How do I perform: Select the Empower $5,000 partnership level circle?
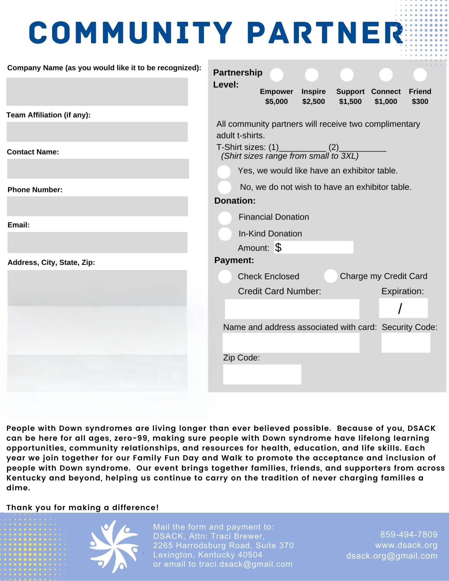coord(276,75)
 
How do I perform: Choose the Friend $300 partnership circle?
coord(420,75)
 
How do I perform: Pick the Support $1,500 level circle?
coord(347,75)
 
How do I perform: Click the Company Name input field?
coord(97,92)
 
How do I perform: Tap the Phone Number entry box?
coord(97,206)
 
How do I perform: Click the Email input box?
coord(97,242)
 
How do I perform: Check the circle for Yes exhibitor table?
coord(224,172)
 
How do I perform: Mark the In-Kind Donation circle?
coord(225,234)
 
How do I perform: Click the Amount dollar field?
coord(314,247)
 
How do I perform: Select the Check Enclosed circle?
coord(225,277)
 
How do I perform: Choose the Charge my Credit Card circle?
coord(330,276)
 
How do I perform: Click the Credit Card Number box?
coord(292,309)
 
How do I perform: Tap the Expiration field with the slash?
coord(403,308)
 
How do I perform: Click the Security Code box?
coord(405,343)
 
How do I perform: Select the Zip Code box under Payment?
coord(262,374)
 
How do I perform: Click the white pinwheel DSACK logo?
coord(114,546)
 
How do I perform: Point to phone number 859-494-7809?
coord(409,535)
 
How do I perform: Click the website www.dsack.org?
coord(406,545)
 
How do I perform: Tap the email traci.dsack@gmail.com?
coord(246,564)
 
